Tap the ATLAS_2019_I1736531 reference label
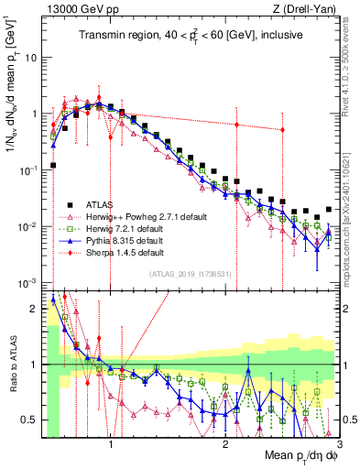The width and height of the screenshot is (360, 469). (x=191, y=274)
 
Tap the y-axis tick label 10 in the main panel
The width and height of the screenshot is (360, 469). (x=30, y=57)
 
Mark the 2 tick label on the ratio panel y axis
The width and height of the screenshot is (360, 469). (x=35, y=308)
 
